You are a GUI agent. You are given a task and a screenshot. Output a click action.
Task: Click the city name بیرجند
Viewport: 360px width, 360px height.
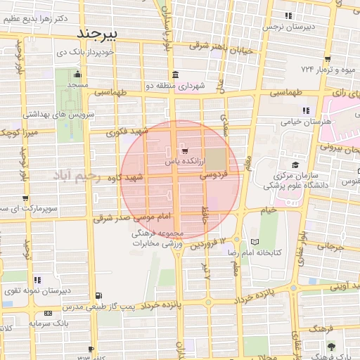pos(98,32)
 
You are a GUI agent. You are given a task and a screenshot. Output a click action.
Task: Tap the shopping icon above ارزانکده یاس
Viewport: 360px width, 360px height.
pos(184,150)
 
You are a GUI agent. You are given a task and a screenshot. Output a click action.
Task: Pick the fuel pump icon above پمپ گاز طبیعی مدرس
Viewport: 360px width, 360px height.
pos(98,295)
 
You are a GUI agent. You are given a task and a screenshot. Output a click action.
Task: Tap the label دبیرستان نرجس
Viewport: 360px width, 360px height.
pos(287,26)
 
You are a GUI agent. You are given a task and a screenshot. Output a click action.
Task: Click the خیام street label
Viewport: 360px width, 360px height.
pos(269,210)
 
